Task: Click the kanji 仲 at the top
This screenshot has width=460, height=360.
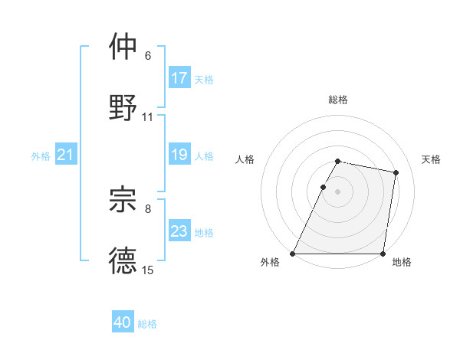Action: (x=123, y=46)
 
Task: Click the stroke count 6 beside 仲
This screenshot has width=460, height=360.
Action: (x=148, y=56)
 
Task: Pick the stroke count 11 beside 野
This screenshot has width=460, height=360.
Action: (x=148, y=117)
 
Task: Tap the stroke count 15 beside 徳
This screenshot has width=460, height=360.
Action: (x=148, y=270)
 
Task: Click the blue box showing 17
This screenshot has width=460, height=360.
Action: (x=179, y=78)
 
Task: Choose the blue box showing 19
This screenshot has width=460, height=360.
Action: (x=179, y=155)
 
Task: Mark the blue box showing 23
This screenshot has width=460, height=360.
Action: (x=179, y=231)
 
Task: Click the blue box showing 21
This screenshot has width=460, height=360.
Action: (x=66, y=155)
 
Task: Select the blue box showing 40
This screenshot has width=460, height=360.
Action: (x=123, y=322)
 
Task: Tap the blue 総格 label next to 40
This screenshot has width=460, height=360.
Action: (x=148, y=324)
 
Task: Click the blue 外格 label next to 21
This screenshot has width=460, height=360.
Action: (x=41, y=156)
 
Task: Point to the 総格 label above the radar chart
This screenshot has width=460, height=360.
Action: (x=338, y=100)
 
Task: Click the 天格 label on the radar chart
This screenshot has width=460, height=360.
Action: (x=432, y=159)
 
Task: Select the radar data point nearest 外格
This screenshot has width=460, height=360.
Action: (x=293, y=254)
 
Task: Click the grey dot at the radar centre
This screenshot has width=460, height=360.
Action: (x=338, y=191)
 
